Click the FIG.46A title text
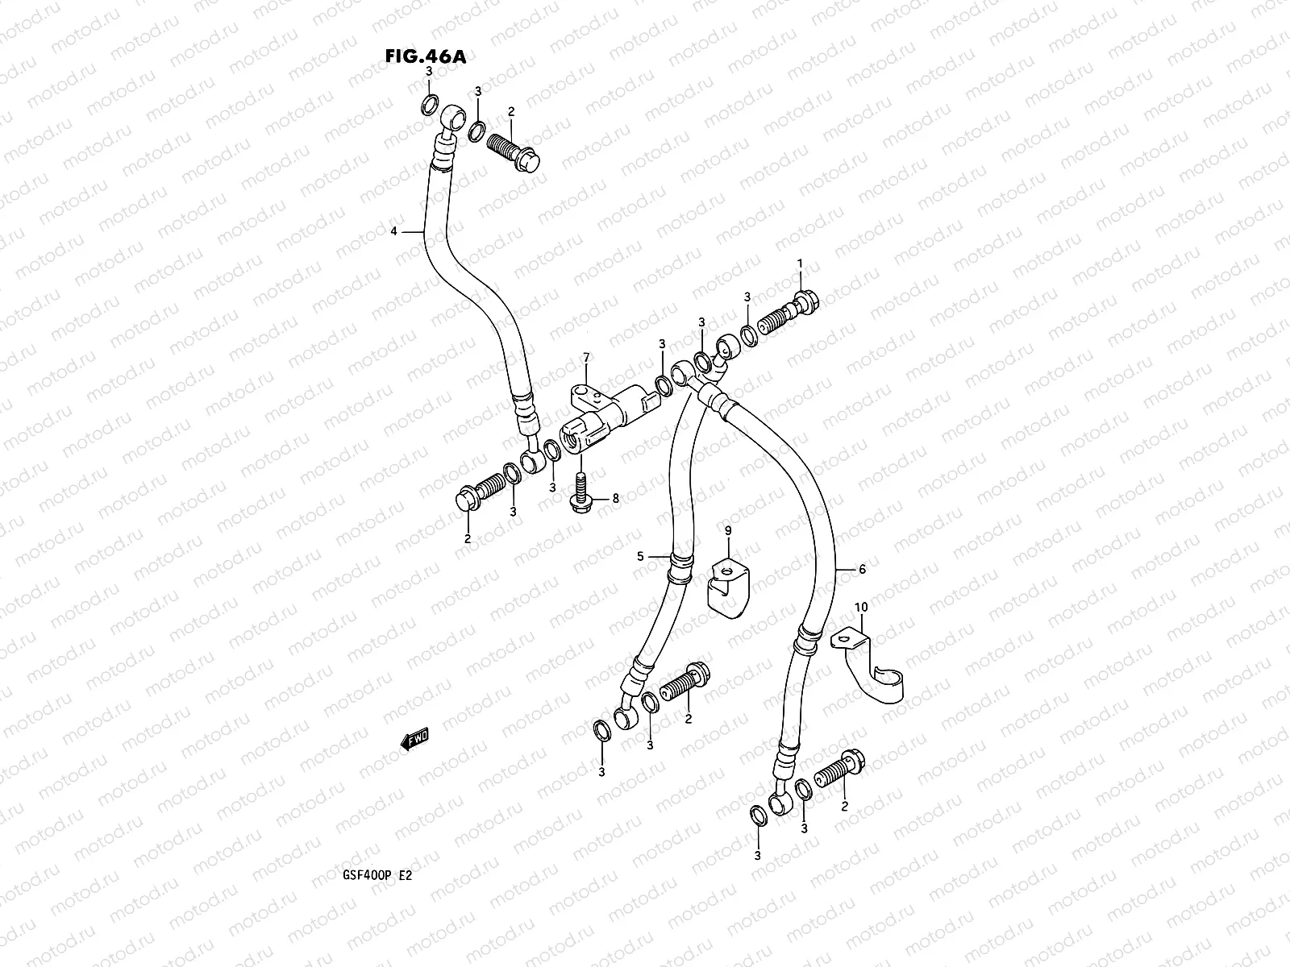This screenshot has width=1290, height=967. [426, 56]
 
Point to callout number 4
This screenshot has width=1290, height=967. [393, 231]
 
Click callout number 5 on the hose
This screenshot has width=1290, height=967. [641, 556]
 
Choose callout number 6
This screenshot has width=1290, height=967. [862, 569]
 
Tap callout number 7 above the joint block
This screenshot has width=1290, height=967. [586, 356]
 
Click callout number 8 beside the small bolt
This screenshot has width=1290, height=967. [615, 499]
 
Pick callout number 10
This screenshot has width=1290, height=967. [860, 605]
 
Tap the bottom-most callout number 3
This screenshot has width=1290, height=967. [757, 854]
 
